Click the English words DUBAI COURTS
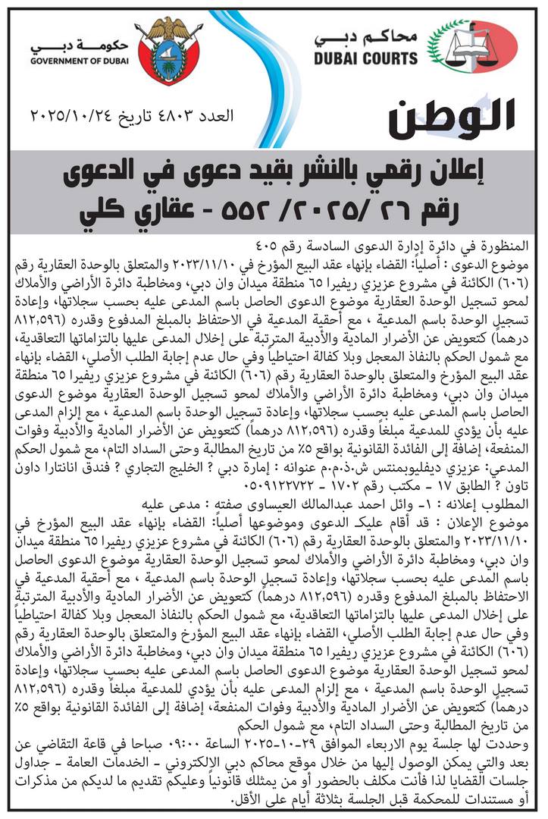pyautogui.click(x=365, y=58)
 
